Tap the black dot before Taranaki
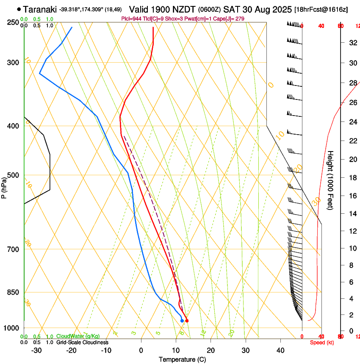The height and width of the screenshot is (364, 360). [19, 9]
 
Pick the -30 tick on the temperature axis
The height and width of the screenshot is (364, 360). [36, 350]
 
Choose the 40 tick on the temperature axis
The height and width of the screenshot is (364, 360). [280, 350]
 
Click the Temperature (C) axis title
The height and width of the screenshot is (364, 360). [182, 359]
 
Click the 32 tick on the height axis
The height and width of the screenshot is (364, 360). [352, 43]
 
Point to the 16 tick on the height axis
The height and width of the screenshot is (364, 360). [352, 196]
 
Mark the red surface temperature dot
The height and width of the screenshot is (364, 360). [187, 321]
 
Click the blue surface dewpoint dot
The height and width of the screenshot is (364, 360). [182, 321]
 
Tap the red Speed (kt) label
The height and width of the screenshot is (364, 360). [322, 342]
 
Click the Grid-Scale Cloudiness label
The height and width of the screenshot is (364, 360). [82, 342]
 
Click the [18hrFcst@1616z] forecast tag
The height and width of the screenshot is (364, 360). [321, 9]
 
